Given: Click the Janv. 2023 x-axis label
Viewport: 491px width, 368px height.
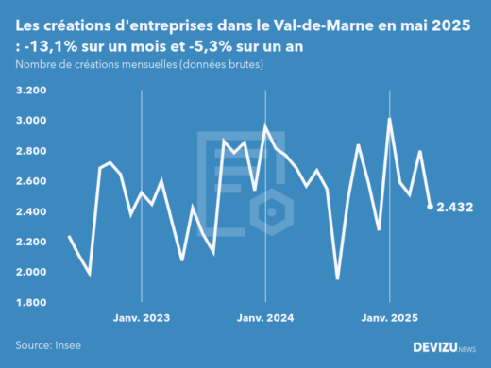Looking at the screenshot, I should coord(142,319).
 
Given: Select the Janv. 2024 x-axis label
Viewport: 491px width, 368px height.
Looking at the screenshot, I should coord(265,319).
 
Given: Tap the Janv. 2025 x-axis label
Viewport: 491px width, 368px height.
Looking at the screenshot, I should coord(389,319).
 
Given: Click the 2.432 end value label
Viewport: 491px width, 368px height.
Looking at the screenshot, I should coord(455,207).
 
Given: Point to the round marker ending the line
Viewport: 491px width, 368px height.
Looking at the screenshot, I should coord(431,207).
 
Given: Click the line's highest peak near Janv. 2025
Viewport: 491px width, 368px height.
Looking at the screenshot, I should coord(389,119).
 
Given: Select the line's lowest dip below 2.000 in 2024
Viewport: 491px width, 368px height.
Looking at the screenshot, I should coord(337,278).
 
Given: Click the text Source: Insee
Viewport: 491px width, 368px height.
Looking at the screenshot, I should coord(46,346).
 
